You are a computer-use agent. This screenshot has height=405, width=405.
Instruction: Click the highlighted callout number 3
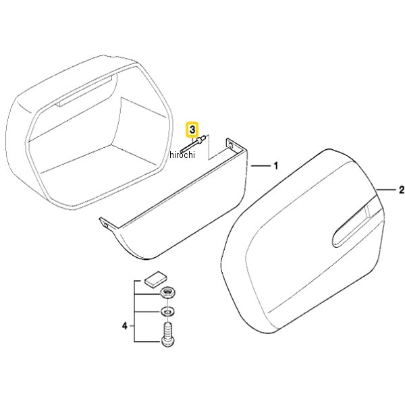192,130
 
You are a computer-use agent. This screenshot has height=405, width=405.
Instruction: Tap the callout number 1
276,166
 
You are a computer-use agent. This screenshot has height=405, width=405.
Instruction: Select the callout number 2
402,190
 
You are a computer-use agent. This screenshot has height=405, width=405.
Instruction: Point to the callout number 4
125,326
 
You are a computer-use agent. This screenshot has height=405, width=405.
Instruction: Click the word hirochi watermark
182,155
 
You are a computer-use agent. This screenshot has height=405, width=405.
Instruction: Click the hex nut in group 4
167,294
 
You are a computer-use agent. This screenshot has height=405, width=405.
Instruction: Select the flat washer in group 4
167,311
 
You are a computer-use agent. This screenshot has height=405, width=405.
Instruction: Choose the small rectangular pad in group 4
155,279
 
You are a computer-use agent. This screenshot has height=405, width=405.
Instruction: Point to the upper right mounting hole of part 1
230,146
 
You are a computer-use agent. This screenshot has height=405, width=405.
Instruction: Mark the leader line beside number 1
260,166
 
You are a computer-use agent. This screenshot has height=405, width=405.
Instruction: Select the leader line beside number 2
386,190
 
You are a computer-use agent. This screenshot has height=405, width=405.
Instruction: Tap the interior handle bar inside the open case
84,91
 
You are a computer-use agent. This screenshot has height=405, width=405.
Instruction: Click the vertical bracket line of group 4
134,311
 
